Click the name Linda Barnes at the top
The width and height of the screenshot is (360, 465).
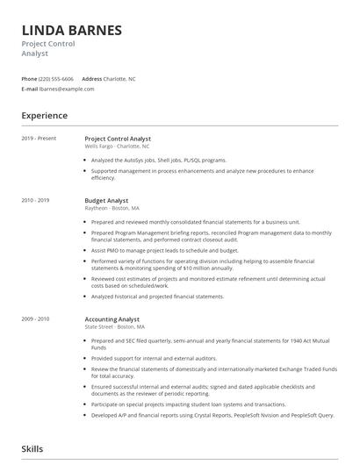[x=73, y=29]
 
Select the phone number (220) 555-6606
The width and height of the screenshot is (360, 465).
[x=57, y=78]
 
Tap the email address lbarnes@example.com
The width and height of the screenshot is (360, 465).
[x=68, y=89]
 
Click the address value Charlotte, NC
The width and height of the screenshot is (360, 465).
[x=119, y=78]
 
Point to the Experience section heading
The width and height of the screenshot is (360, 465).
[x=45, y=115]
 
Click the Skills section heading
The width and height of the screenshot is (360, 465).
[x=33, y=448]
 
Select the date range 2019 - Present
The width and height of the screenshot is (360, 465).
[x=40, y=139]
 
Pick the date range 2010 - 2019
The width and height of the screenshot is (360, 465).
[x=36, y=201]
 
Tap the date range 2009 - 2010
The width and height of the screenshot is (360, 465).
[x=36, y=319]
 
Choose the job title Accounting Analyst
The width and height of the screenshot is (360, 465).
[x=113, y=319]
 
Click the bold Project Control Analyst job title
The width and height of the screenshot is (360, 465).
[x=118, y=139]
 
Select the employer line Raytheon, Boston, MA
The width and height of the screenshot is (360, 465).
[x=112, y=209]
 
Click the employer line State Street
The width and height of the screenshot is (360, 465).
[x=115, y=327]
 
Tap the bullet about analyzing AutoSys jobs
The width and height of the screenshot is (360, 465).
[x=158, y=161]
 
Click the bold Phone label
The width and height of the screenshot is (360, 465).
[x=30, y=78]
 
